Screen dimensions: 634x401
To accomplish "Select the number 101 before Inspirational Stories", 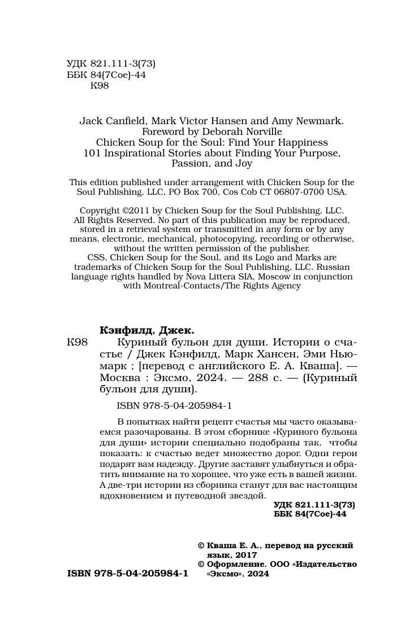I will [92, 153].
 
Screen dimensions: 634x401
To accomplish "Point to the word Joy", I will [241, 164].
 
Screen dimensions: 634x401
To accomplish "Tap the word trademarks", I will [96, 267].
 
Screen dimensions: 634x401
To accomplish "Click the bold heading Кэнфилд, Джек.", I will [146, 330].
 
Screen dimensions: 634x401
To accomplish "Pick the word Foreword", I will [162, 132].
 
